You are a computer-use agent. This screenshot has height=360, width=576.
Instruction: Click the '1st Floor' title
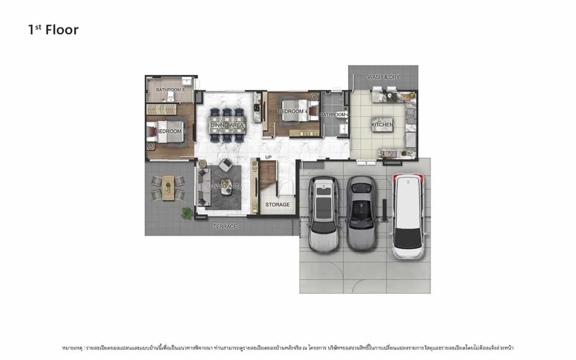coord(53,30)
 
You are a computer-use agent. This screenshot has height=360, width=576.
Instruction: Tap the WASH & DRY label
coord(383,77)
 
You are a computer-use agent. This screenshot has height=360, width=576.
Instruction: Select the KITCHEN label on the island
coord(382,125)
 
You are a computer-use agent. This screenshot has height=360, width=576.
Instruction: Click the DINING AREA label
coord(227,125)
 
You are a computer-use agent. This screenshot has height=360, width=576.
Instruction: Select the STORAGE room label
coord(277,205)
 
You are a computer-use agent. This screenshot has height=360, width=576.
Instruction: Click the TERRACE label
coord(225,227)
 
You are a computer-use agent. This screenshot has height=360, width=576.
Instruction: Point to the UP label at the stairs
coord(268,157)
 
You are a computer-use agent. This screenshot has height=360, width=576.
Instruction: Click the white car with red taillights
coord(408,216)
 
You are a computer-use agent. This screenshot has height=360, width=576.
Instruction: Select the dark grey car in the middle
coord(361,213)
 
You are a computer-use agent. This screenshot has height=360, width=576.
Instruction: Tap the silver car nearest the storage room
coord(323,214)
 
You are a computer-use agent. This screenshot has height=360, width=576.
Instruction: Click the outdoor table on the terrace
coord(168,187)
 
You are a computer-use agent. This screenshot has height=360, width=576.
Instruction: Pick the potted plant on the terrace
coord(186,212)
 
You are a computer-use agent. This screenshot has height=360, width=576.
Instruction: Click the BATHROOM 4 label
coord(334,115)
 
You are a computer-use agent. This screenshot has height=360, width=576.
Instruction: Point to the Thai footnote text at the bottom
coord(288,347)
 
